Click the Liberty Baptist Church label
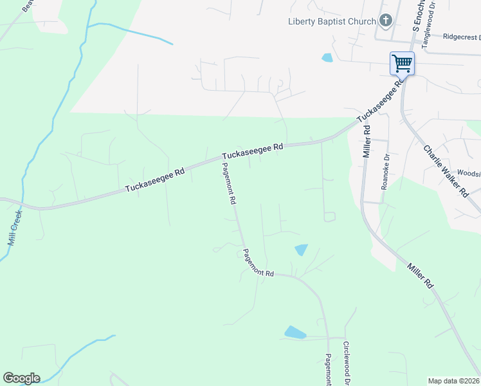[x=331, y=21]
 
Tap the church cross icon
[x=385, y=21]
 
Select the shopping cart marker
[x=402, y=64]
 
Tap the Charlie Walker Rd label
[x=445, y=170]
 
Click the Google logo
[x=21, y=378]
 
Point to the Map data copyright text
[x=453, y=381]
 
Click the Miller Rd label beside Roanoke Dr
[x=367, y=141]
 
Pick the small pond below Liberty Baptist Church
[x=327, y=58]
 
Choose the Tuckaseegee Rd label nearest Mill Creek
[x=155, y=179]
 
